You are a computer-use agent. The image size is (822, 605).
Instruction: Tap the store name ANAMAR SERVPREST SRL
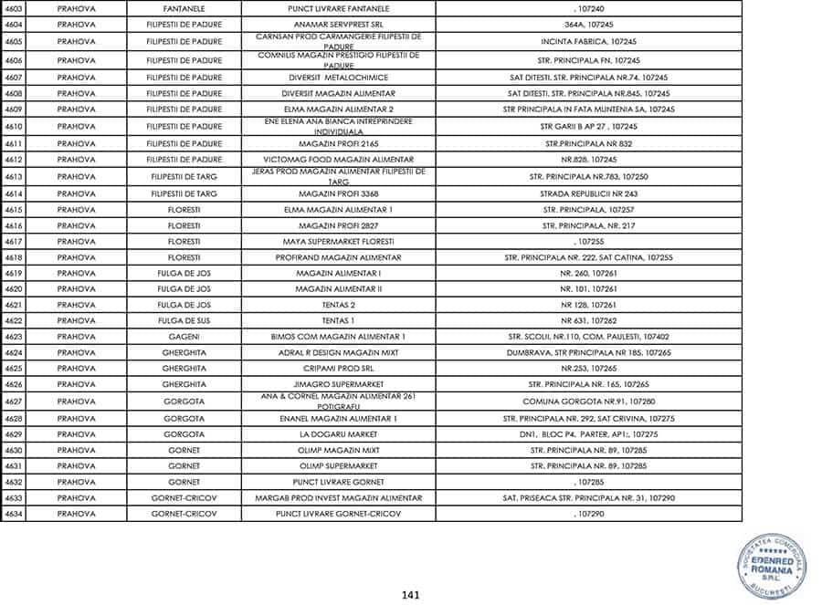coord(338,26)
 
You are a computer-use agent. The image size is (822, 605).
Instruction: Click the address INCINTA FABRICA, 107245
coord(588,42)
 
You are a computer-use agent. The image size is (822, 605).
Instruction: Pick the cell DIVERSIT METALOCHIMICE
coord(338,78)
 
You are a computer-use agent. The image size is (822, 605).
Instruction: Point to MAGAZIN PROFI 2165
coord(338,143)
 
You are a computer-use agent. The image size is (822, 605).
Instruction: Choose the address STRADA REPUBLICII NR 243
coord(588,193)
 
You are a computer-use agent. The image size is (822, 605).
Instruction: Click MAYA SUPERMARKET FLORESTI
coord(338,241)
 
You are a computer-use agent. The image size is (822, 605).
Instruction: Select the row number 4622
coord(14,320)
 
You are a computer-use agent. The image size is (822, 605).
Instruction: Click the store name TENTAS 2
coord(338,305)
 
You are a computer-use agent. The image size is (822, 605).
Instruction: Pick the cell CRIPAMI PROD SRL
coord(338,369)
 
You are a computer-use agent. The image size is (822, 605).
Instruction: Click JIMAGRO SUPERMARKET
coord(338,384)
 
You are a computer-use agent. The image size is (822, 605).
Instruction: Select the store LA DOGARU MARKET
coord(338,434)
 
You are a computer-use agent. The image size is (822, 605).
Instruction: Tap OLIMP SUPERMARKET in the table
coord(338,465)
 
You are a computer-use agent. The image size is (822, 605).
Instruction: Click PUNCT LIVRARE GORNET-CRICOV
coord(338,514)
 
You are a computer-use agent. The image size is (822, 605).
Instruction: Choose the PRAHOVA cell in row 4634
coord(76,514)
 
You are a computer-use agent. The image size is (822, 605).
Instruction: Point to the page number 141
coord(410,595)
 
